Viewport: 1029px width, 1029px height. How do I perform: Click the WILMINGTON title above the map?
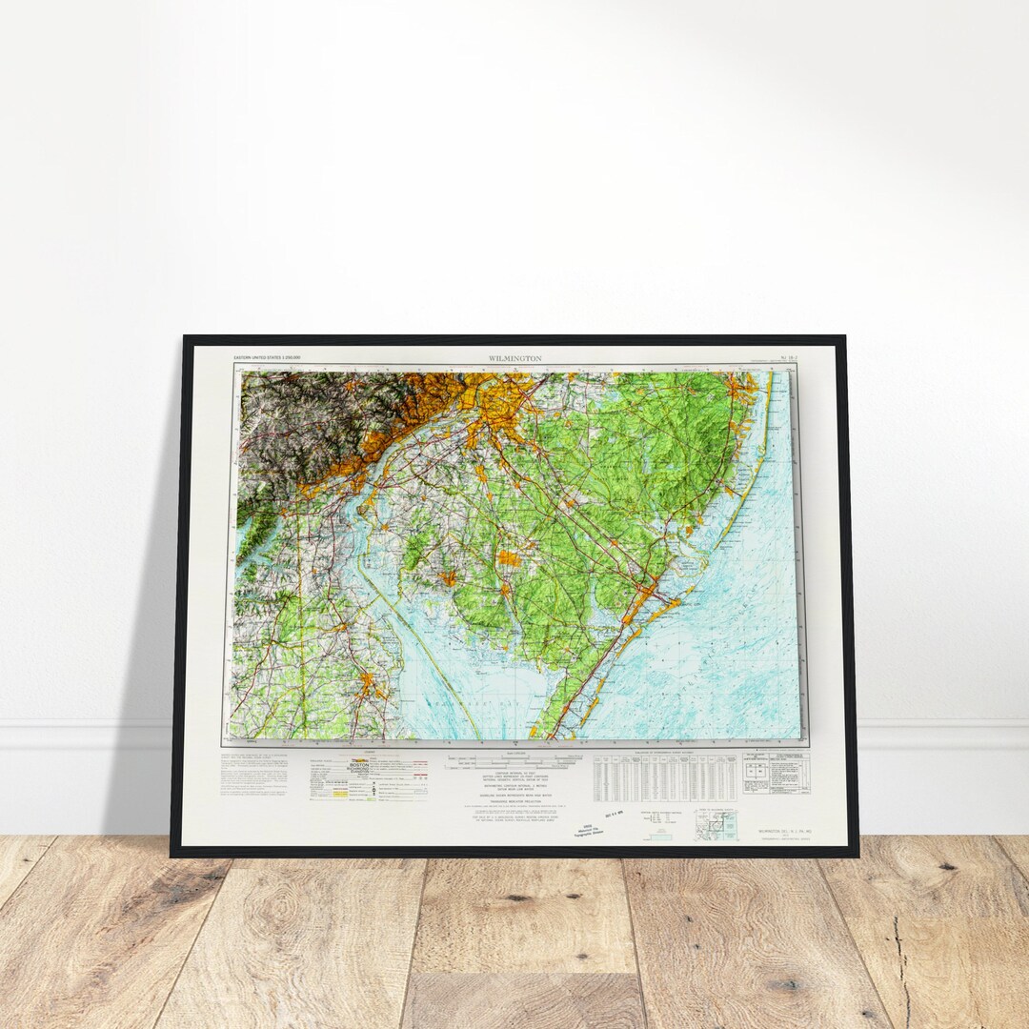[514, 358]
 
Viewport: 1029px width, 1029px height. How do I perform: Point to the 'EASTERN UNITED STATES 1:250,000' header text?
[268, 357]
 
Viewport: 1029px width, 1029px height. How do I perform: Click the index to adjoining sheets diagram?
[716, 824]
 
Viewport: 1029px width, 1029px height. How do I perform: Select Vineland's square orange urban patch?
[509, 558]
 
